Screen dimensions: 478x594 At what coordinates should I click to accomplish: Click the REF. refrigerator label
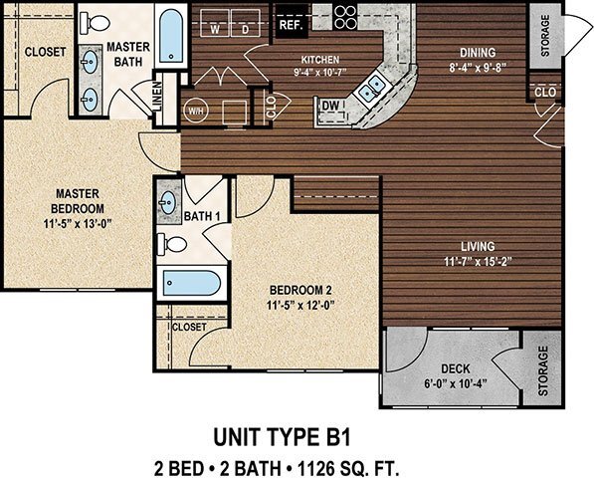291,24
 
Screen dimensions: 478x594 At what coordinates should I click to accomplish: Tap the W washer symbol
214,27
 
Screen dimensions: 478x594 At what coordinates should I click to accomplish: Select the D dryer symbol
245,27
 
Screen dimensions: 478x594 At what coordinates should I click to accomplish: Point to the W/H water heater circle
196,110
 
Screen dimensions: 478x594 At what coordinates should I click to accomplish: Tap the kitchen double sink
372,91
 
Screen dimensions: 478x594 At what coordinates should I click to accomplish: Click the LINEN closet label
157,99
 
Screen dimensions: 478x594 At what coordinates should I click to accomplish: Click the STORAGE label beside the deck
543,371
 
